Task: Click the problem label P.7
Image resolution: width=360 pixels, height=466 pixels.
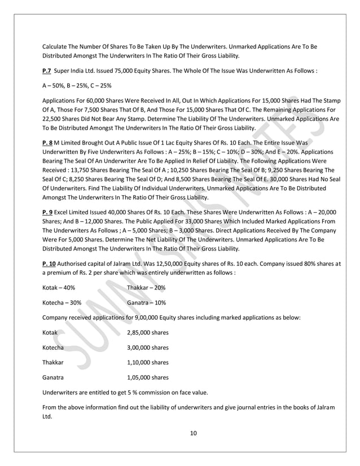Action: pos(48,72)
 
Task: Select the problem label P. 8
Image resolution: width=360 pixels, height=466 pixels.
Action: pos(49,144)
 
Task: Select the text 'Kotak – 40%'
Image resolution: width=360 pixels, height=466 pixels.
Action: pos(59,288)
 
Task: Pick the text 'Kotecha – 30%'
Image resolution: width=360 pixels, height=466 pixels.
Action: pos(62,302)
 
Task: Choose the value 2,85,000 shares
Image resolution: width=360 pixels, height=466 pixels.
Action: pos(148,332)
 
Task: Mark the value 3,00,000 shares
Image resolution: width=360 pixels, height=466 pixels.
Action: pos(148,347)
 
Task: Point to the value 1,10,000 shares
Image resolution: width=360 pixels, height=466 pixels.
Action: pos(148,362)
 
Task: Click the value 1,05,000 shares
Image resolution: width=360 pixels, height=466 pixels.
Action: pos(148,376)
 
